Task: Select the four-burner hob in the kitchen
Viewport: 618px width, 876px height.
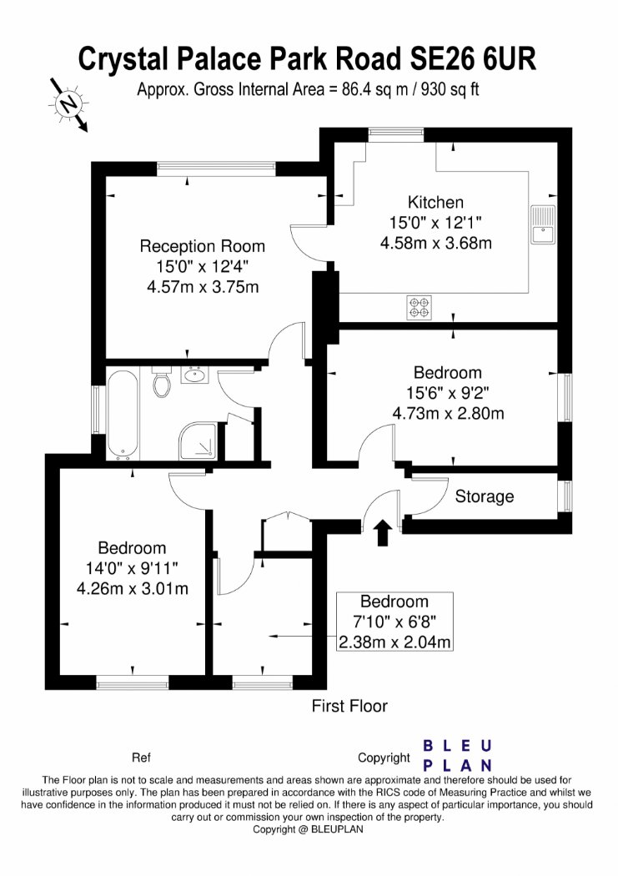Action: [419, 307]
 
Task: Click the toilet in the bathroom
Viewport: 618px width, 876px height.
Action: [162, 384]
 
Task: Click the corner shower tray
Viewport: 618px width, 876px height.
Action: [201, 440]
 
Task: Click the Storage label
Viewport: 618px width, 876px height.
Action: [484, 497]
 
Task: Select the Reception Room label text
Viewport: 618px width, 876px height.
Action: [202, 246]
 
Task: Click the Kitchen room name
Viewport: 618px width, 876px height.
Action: [435, 202]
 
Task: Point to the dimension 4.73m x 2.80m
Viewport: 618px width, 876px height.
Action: [448, 413]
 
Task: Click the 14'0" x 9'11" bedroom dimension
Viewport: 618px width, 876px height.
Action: [132, 569]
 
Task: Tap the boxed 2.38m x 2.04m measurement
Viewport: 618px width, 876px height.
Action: [395, 642]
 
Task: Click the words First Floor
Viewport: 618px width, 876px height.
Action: [349, 707]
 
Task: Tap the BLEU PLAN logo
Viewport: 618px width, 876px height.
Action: [458, 755]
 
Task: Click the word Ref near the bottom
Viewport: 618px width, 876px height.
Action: [141, 758]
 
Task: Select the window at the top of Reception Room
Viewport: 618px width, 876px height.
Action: [216, 169]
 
